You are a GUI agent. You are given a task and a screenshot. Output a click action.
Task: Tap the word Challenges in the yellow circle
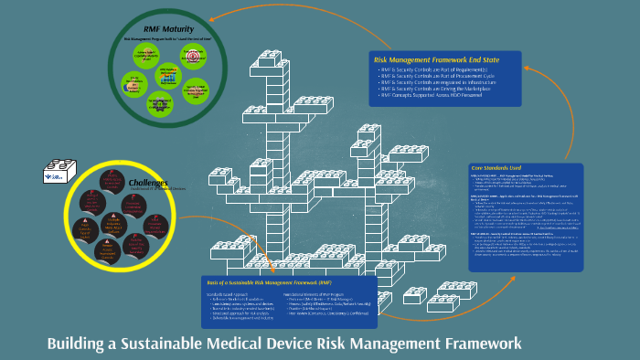click(x=147, y=183)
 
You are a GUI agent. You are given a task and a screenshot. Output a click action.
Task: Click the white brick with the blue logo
click(x=56, y=172)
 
